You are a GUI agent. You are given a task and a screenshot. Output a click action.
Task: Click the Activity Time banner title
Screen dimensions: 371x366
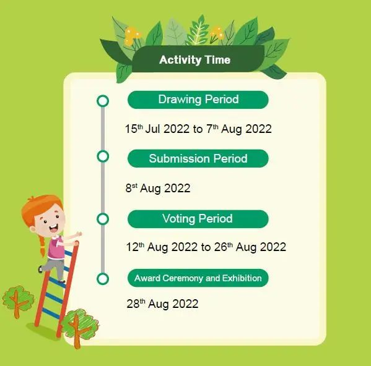(194, 60)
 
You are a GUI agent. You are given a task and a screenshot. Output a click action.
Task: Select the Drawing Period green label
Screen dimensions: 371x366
(198, 100)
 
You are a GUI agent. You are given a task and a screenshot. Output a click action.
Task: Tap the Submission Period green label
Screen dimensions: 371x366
(198, 158)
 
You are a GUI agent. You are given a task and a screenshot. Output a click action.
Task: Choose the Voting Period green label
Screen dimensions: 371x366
(198, 219)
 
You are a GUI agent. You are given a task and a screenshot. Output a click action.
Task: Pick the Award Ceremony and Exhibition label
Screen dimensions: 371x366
(198, 278)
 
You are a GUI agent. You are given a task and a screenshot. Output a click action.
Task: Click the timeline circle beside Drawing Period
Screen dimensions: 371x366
(103, 96)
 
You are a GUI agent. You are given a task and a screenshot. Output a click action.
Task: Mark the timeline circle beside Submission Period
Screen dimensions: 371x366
(103, 151)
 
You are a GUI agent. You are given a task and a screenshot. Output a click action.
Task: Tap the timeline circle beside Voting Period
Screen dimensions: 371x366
(103, 214)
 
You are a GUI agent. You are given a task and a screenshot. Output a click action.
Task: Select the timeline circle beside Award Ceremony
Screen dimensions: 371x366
(103, 274)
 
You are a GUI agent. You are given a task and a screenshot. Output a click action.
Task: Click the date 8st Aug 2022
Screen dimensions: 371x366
(158, 188)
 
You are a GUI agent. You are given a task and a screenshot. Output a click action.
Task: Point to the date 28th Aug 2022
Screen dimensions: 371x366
(162, 304)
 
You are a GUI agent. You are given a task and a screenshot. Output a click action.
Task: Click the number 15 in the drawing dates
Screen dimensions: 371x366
(131, 129)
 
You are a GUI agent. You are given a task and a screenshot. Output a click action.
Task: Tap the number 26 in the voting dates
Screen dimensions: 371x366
(220, 247)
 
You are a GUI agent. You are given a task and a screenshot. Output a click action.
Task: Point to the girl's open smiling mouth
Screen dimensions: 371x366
(54, 228)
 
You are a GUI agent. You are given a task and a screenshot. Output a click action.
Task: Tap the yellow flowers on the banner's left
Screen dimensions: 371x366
(132, 36)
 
